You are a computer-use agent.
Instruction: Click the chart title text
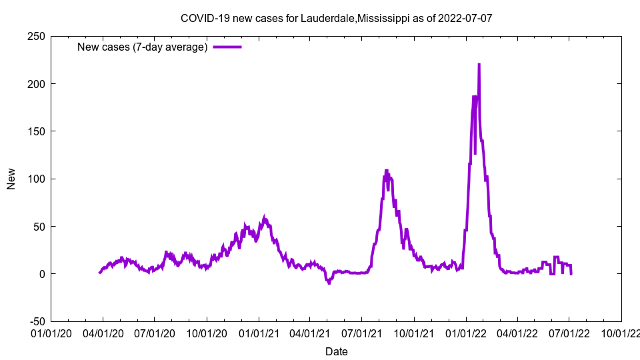click(336, 18)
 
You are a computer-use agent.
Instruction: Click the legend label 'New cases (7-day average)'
click(143, 47)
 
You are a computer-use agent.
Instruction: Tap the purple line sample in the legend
click(227, 47)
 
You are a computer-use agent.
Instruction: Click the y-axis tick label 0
click(42, 274)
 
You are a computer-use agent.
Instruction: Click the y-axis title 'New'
click(11, 179)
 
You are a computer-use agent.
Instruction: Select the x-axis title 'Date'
click(336, 351)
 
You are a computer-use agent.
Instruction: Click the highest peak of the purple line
click(479, 65)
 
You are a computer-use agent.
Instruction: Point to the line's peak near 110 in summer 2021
click(386, 170)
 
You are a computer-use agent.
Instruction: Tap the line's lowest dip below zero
click(329, 283)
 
